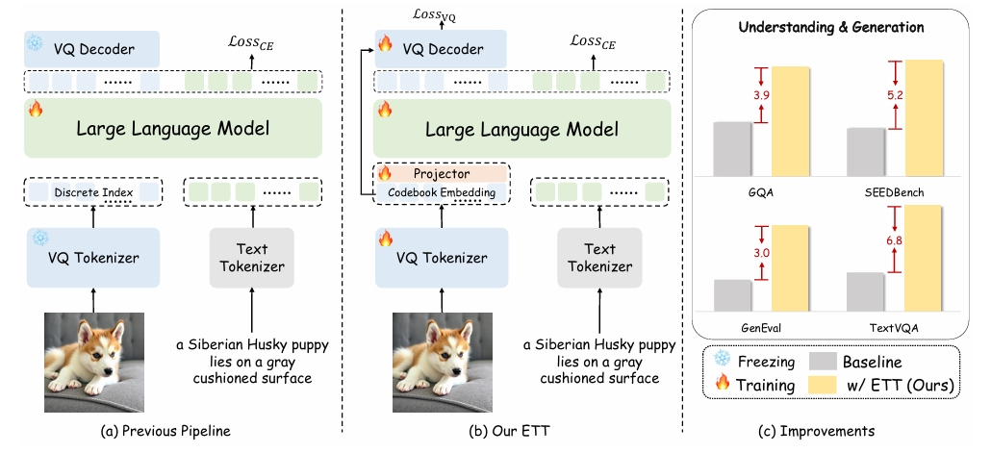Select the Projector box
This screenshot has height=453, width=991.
click(x=441, y=174)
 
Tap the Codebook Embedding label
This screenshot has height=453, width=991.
click(x=441, y=192)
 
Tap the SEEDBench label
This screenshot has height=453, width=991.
click(x=894, y=192)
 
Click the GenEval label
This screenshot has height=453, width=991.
click(x=760, y=326)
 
